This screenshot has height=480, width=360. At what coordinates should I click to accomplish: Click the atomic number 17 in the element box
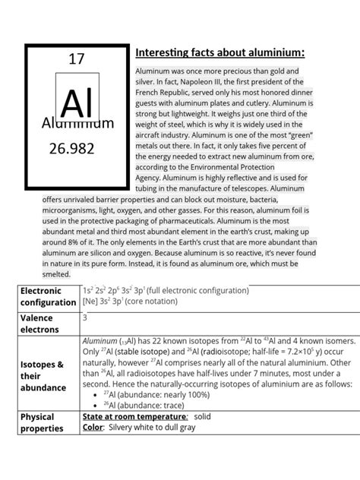[x=76, y=58]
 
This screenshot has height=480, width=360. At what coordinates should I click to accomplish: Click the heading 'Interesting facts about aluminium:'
[x=220, y=52]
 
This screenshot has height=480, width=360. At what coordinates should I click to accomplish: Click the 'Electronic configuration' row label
[x=48, y=296]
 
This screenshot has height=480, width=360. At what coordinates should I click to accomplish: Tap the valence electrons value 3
[x=85, y=318]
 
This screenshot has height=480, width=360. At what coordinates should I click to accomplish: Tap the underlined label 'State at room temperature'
[x=134, y=418]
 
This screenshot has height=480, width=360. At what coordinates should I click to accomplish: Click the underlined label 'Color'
[x=92, y=428]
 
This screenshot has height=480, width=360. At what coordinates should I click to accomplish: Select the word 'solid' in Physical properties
[x=203, y=418]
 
